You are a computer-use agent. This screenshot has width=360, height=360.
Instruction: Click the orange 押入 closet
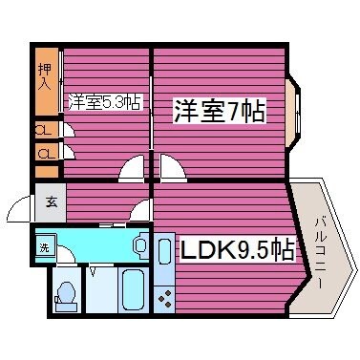click(45, 79)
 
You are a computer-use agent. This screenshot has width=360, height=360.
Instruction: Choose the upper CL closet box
click(45, 130)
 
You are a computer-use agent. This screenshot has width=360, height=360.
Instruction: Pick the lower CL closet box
click(45, 153)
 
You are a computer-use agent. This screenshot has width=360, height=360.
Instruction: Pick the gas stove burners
click(164, 297)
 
